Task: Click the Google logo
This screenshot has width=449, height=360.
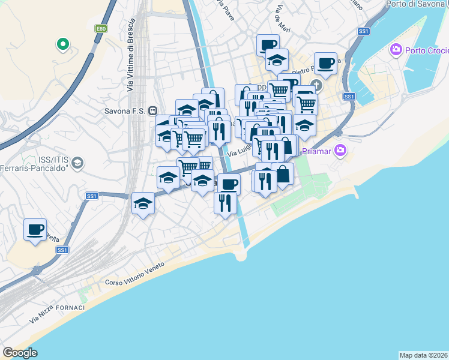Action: point(20,353)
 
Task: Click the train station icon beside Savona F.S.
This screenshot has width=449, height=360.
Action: point(153,110)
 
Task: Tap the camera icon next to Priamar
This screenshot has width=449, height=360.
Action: point(340,149)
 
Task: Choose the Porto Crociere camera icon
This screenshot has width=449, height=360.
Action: point(395,49)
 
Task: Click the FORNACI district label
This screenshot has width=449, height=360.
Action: point(72,307)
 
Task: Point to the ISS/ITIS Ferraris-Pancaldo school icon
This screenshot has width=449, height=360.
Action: point(77,162)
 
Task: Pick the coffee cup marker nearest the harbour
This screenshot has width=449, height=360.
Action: point(325,63)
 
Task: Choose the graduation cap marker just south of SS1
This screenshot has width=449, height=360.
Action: point(143,204)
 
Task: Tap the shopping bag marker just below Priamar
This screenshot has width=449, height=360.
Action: point(283,175)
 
